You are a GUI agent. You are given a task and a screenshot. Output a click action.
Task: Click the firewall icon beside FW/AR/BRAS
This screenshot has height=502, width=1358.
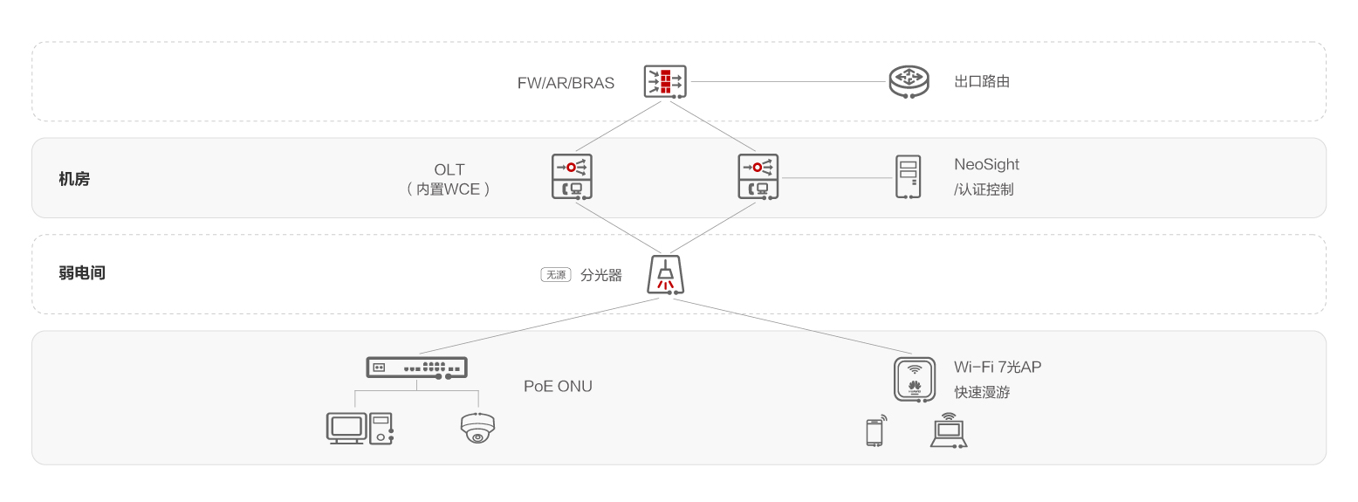[x=665, y=81]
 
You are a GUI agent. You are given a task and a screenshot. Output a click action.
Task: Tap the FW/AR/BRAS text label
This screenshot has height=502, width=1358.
[x=566, y=84]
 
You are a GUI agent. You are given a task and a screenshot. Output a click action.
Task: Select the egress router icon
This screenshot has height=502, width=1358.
[x=909, y=81]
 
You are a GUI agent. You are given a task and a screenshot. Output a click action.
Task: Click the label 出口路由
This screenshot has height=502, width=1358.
[x=982, y=82]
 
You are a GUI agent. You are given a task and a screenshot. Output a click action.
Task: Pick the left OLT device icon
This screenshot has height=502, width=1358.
[x=572, y=176]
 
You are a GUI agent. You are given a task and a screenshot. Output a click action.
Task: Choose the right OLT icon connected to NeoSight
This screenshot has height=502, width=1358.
[x=758, y=176]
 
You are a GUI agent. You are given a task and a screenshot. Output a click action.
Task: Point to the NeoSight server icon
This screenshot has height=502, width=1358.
[x=909, y=176]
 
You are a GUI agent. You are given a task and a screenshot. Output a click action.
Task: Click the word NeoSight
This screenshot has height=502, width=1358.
[x=986, y=164]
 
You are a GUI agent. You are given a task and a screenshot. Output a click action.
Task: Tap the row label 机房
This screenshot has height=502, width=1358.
[x=74, y=180]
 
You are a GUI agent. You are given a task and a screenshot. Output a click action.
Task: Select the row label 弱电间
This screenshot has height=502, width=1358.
[x=82, y=273]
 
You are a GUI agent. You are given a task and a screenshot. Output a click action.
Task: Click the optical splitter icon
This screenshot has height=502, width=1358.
[x=665, y=275]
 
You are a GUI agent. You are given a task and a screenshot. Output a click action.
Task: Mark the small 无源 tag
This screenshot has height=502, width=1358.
[x=555, y=275]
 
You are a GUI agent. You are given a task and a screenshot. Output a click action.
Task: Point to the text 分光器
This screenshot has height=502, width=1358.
[x=601, y=275]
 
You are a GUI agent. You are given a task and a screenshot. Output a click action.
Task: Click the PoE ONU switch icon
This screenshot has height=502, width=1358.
[x=416, y=368]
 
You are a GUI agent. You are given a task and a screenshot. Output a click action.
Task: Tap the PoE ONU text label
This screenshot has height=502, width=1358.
[x=558, y=386]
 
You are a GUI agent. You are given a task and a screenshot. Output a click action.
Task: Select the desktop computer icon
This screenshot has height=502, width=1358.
[x=360, y=428]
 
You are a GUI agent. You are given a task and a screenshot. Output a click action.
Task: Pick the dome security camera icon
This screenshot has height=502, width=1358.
[x=477, y=428]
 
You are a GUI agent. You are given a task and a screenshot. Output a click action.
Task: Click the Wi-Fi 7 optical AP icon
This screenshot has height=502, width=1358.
[x=915, y=378]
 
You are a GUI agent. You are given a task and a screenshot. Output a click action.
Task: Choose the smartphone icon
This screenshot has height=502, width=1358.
[x=875, y=431]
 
